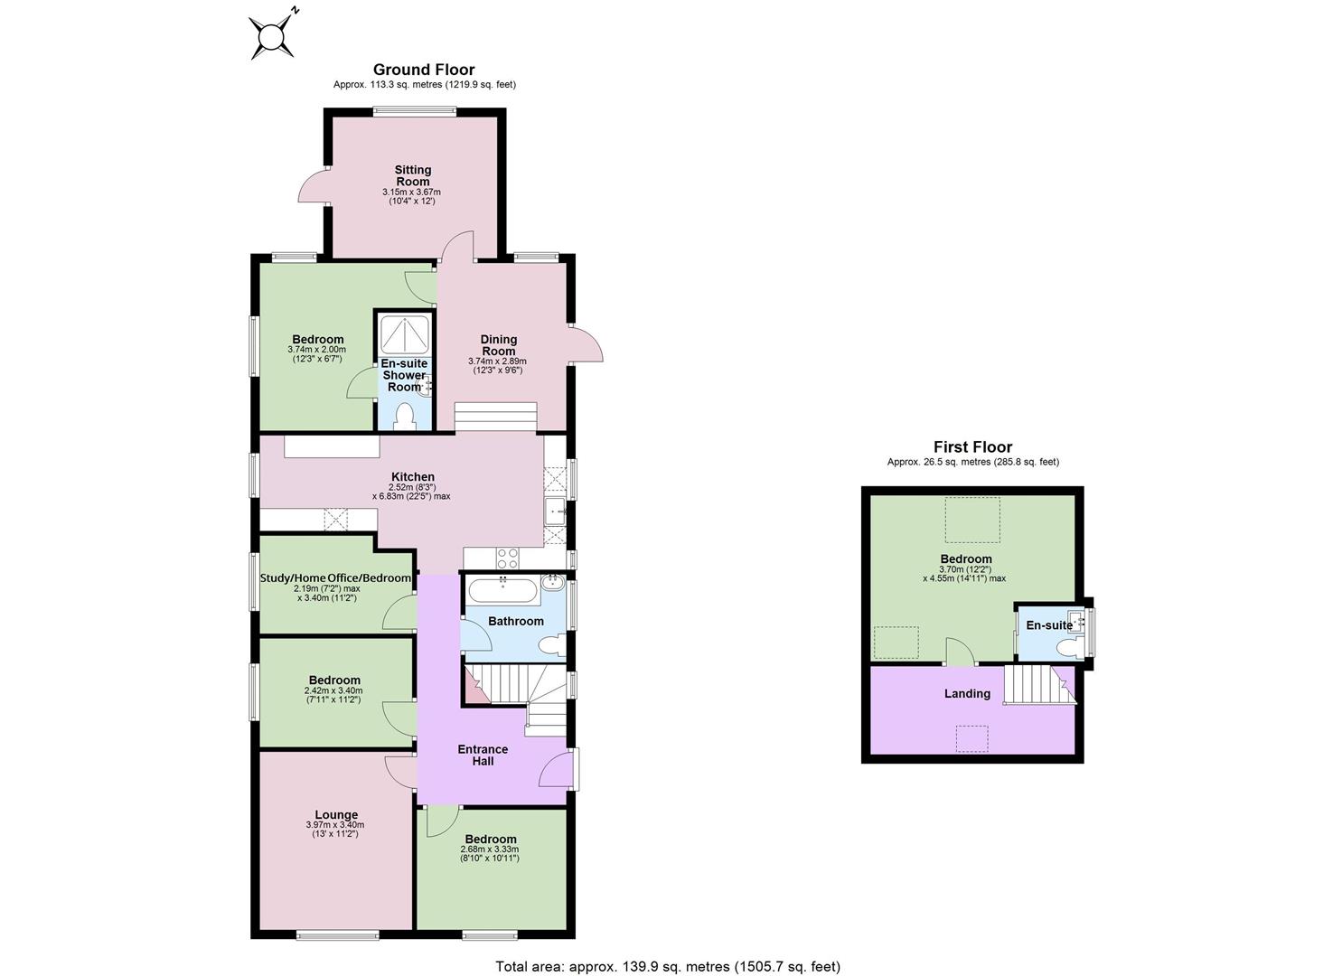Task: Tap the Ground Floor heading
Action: pyautogui.click(x=424, y=70)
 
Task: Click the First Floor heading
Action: pyautogui.click(x=973, y=447)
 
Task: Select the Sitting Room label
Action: pyautogui.click(x=413, y=175)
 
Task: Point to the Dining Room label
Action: pyautogui.click(x=499, y=345)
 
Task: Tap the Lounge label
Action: pyautogui.click(x=336, y=815)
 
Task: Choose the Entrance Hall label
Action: pyautogui.click(x=483, y=755)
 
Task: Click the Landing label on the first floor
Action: pyautogui.click(x=967, y=694)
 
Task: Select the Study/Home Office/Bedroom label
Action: pyautogui.click(x=335, y=578)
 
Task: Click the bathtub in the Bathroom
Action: pyautogui.click(x=502, y=589)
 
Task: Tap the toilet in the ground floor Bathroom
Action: pyautogui.click(x=552, y=644)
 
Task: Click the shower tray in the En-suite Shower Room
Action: pyautogui.click(x=405, y=335)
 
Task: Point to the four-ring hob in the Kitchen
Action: pyautogui.click(x=508, y=558)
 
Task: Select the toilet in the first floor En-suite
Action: pyautogui.click(x=1067, y=647)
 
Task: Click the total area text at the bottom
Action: pyautogui.click(x=668, y=950)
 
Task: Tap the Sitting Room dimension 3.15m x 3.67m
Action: pyautogui.click(x=411, y=192)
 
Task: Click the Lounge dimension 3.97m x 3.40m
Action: pyautogui.click(x=335, y=825)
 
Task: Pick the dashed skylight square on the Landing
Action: pyautogui.click(x=971, y=738)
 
